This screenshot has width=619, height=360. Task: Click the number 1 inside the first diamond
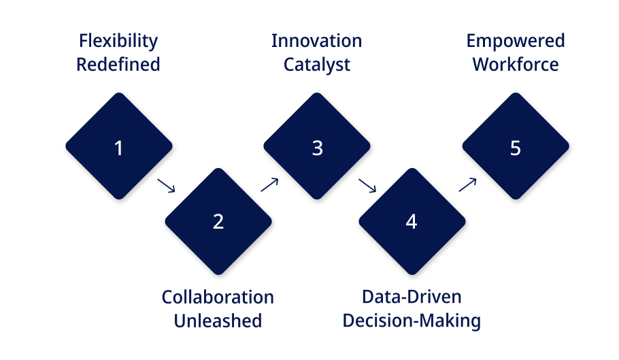[x=118, y=148]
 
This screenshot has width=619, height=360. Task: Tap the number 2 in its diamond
[x=218, y=221]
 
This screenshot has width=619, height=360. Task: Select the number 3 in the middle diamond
[x=318, y=148]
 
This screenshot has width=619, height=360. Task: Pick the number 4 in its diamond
[x=412, y=221]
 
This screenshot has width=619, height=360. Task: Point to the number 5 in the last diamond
[x=515, y=148]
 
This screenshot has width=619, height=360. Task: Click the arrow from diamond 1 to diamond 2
[x=166, y=186]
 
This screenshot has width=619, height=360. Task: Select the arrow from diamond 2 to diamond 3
[x=269, y=184]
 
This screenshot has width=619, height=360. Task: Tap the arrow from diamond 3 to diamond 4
[x=367, y=186]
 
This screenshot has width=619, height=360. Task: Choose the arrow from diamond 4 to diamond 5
[x=467, y=184]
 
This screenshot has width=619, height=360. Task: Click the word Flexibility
[x=118, y=42]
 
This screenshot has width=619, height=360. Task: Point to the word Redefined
[x=118, y=65]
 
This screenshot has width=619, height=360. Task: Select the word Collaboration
[x=218, y=297]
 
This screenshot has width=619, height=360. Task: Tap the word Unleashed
[x=218, y=321]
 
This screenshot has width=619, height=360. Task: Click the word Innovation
[x=316, y=41]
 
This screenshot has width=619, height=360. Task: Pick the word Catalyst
[x=316, y=65]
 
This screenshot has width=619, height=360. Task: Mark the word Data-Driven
[x=412, y=297]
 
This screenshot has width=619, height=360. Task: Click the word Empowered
[x=516, y=42]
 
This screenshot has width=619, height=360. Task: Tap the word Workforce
[x=516, y=65]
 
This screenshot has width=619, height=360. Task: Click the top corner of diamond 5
[x=516, y=93]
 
